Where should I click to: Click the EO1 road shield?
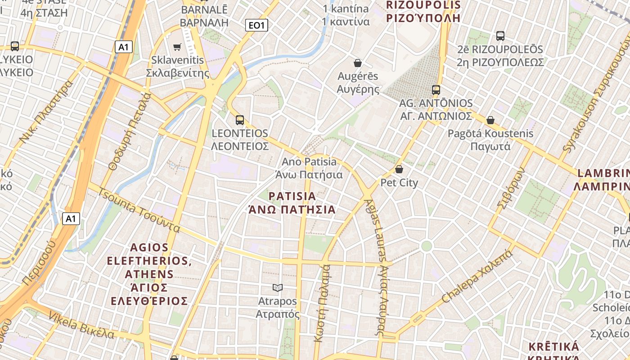pyautogui.click(x=256, y=25)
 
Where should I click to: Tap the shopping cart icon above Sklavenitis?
pyautogui.click(x=177, y=47)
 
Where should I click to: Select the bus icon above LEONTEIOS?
pyautogui.click(x=240, y=120)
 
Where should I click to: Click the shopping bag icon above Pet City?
pyautogui.click(x=399, y=170)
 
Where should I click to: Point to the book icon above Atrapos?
pyautogui.click(x=278, y=288)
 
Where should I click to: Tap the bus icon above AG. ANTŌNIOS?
pyautogui.click(x=436, y=90)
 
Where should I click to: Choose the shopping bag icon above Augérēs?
pyautogui.click(x=358, y=63)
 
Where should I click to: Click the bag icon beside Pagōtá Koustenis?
pyautogui.click(x=490, y=120)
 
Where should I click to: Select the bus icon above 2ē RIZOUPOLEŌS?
pyautogui.click(x=500, y=36)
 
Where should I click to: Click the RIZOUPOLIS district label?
pyautogui.click(x=423, y=5)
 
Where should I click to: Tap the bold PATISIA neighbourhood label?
pyautogui.click(x=292, y=197)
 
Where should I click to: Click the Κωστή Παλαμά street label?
pyautogui.click(x=323, y=304)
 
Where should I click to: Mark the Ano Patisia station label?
pyautogui.click(x=309, y=162)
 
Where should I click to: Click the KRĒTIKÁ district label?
pyautogui.click(x=553, y=346)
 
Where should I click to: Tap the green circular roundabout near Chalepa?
pyautogui.click(x=426, y=246)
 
